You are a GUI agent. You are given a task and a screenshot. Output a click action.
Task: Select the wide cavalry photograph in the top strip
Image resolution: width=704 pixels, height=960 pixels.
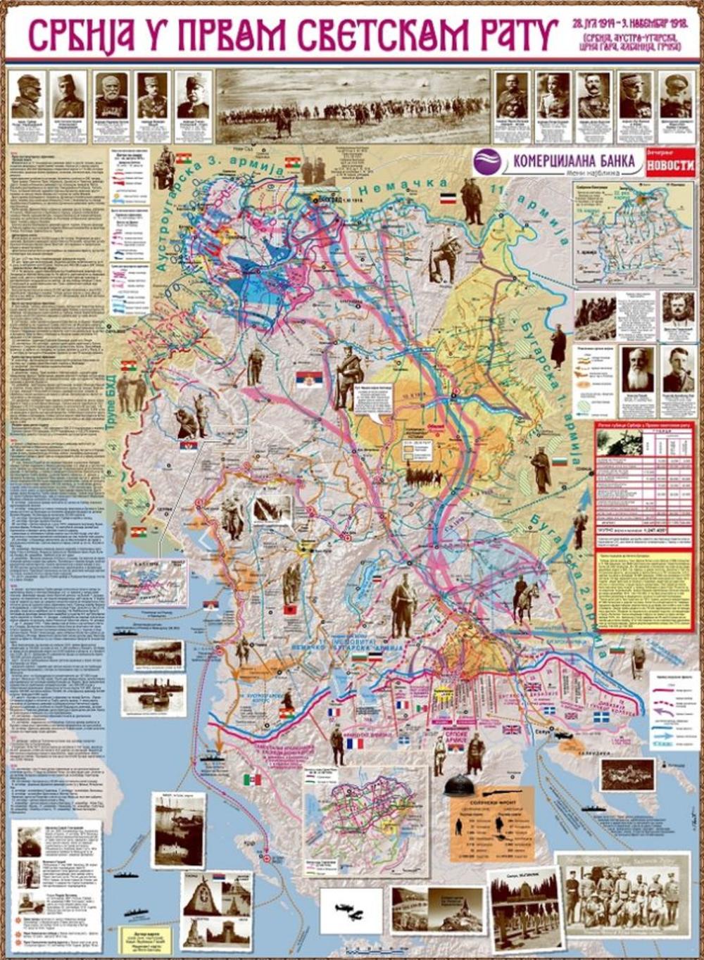[352, 106]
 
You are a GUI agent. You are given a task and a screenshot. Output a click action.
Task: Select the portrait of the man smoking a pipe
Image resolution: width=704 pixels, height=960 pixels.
[678, 368]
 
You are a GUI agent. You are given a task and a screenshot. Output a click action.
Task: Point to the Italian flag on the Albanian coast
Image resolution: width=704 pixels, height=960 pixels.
[252, 779]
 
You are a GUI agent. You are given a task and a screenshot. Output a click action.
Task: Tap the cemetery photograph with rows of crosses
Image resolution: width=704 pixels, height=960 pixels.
[524, 908]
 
